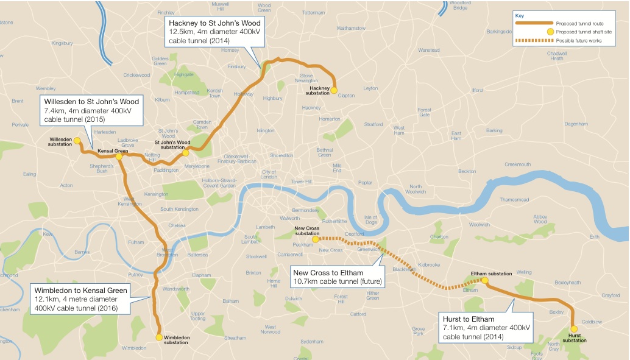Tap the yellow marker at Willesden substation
pyautogui.click(x=77, y=141)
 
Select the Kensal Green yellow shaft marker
pyautogui.click(x=119, y=157)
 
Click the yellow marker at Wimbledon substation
pyautogui.click(x=159, y=337)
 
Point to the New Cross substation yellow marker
pyautogui.click(x=315, y=239)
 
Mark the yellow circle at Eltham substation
pyautogui.click(x=484, y=280)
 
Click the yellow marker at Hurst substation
pyautogui.click(x=573, y=328)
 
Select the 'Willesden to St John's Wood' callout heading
pyautogui.click(x=90, y=101)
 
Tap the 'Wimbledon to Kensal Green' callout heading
pyautogui.click(x=80, y=291)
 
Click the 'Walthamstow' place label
pyautogui.click(x=350, y=28)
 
